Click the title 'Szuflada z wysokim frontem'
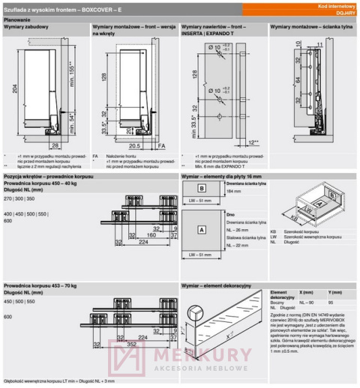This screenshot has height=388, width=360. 45,7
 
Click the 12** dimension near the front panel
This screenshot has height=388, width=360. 253,142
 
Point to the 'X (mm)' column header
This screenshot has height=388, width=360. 307,291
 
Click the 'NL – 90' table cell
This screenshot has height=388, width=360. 308,302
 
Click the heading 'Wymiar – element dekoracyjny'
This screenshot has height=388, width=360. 217,286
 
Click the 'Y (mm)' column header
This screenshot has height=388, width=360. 335,291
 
